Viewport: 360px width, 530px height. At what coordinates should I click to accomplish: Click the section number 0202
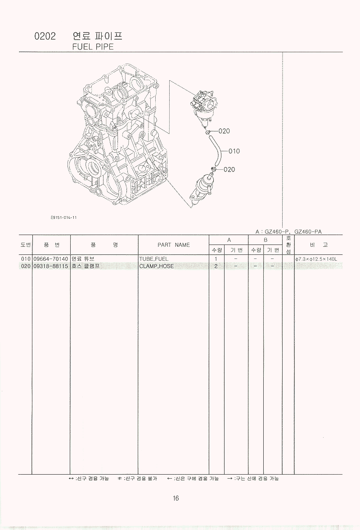click(x=45, y=36)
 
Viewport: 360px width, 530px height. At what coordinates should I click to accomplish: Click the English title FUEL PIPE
click(x=93, y=47)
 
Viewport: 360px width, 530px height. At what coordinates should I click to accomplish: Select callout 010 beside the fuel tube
click(x=234, y=151)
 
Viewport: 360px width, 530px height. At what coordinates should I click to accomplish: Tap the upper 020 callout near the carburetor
click(x=224, y=131)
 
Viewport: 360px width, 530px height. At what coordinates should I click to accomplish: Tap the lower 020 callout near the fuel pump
click(x=229, y=169)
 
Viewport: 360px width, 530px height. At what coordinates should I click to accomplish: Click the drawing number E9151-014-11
click(x=63, y=217)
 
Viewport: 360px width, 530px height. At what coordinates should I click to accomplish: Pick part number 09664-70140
click(x=51, y=259)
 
